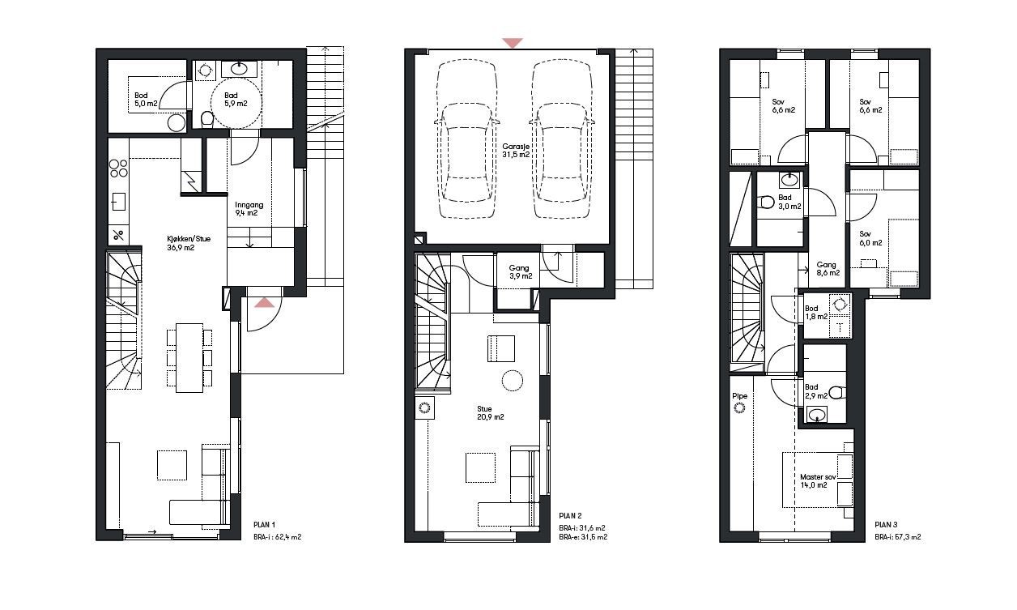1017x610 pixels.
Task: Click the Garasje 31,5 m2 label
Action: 515,150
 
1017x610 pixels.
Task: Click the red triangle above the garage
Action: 512,43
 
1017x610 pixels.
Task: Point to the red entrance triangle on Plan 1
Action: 264,303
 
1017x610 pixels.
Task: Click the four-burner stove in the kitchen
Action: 118,168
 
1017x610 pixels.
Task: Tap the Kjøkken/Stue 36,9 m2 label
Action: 181,243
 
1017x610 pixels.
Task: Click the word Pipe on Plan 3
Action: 738,396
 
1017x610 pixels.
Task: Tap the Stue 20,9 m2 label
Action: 490,413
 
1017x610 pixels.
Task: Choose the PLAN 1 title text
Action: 265,523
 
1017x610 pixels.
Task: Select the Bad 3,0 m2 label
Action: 788,202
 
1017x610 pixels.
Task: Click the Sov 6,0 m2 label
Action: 870,238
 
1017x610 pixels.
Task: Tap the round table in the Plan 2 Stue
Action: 512,380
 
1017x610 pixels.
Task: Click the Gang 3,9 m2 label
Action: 521,272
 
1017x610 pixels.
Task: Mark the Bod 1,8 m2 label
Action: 815,312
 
